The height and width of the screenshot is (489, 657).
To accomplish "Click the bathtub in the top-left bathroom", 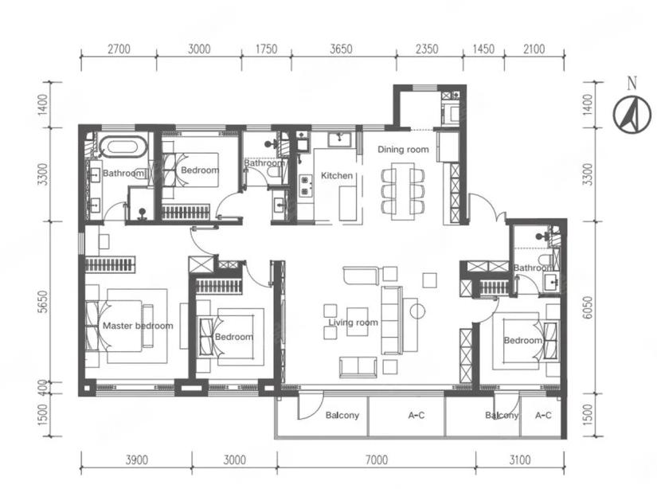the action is (123, 147).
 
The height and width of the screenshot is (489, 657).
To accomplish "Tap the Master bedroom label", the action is (138, 326).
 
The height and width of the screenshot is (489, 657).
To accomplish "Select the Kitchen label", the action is (336, 175).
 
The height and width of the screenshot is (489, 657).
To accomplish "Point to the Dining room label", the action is (403, 150).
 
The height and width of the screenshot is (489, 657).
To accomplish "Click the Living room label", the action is (354, 323).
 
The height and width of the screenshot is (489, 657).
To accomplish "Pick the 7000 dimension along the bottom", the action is (376, 460).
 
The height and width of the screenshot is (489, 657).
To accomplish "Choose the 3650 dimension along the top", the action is (341, 49).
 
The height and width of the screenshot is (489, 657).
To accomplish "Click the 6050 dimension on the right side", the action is (589, 308).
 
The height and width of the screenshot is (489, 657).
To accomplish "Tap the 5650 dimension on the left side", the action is (42, 302).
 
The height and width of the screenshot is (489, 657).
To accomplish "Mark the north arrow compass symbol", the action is (632, 115).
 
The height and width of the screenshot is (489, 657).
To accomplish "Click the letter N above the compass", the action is (632, 84).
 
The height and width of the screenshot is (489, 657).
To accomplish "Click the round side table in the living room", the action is (417, 311).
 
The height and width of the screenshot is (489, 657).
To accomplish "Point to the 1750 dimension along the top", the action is (266, 49).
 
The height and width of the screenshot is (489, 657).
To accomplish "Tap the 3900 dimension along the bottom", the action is (137, 460).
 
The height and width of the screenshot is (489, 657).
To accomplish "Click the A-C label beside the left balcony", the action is (416, 415).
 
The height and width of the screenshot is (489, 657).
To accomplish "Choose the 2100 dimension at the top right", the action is (534, 49).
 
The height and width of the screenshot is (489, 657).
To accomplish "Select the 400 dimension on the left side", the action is (42, 388).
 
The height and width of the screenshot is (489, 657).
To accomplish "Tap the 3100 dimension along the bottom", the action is (519, 460).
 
